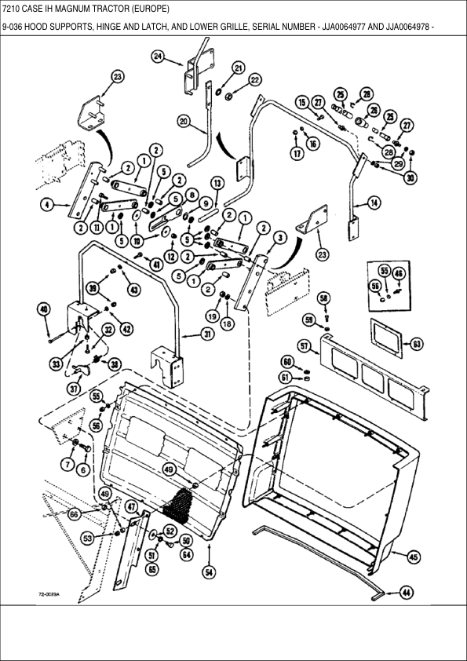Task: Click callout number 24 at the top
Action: [x=158, y=57]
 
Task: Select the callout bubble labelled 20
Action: [x=184, y=122]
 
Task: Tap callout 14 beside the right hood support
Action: [x=374, y=203]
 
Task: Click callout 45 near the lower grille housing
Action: [x=414, y=557]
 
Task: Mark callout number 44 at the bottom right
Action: [x=406, y=593]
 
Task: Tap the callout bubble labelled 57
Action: [x=303, y=345]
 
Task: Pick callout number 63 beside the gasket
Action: [x=417, y=342]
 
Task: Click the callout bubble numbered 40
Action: [x=44, y=309]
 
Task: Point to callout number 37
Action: [x=73, y=389]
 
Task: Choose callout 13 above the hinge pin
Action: [x=217, y=182]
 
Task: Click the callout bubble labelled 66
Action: [x=74, y=515]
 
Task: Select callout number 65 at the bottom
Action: [x=151, y=569]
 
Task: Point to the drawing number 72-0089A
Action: [x=50, y=595]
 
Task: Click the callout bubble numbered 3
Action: [x=279, y=237]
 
